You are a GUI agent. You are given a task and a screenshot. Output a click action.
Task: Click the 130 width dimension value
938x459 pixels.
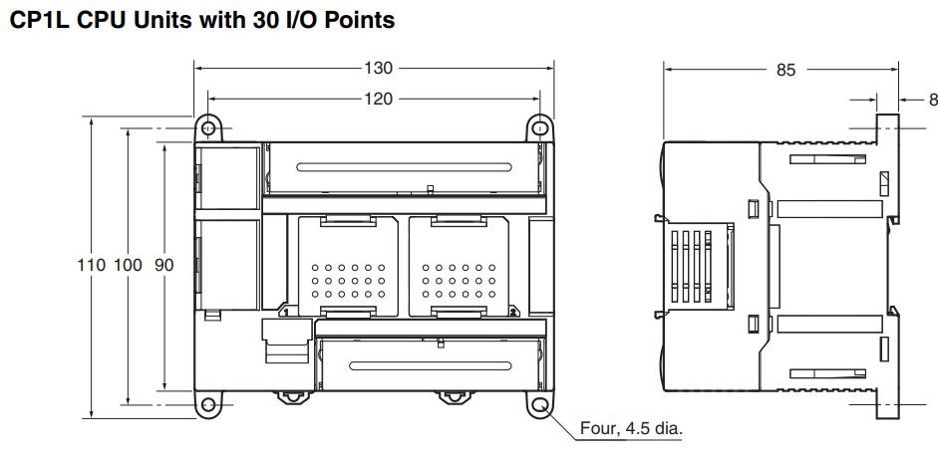click(379, 69)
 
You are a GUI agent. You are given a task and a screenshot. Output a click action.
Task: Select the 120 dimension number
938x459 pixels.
click(379, 99)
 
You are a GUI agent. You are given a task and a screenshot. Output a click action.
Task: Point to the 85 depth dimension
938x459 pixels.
click(785, 71)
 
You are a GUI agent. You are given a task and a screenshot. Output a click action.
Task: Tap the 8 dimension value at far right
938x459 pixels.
click(933, 99)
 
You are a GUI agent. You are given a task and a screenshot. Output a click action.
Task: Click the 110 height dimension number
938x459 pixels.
click(92, 267)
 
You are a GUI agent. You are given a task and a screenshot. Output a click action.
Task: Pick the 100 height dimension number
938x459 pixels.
click(129, 267)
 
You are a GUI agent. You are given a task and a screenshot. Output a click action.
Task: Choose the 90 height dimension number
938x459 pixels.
click(163, 267)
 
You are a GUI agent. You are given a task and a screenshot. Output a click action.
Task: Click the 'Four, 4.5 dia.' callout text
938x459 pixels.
click(635, 429)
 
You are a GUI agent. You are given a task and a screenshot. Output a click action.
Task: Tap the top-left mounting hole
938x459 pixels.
click(207, 128)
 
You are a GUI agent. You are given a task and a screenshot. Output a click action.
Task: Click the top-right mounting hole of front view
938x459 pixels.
click(539, 128)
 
